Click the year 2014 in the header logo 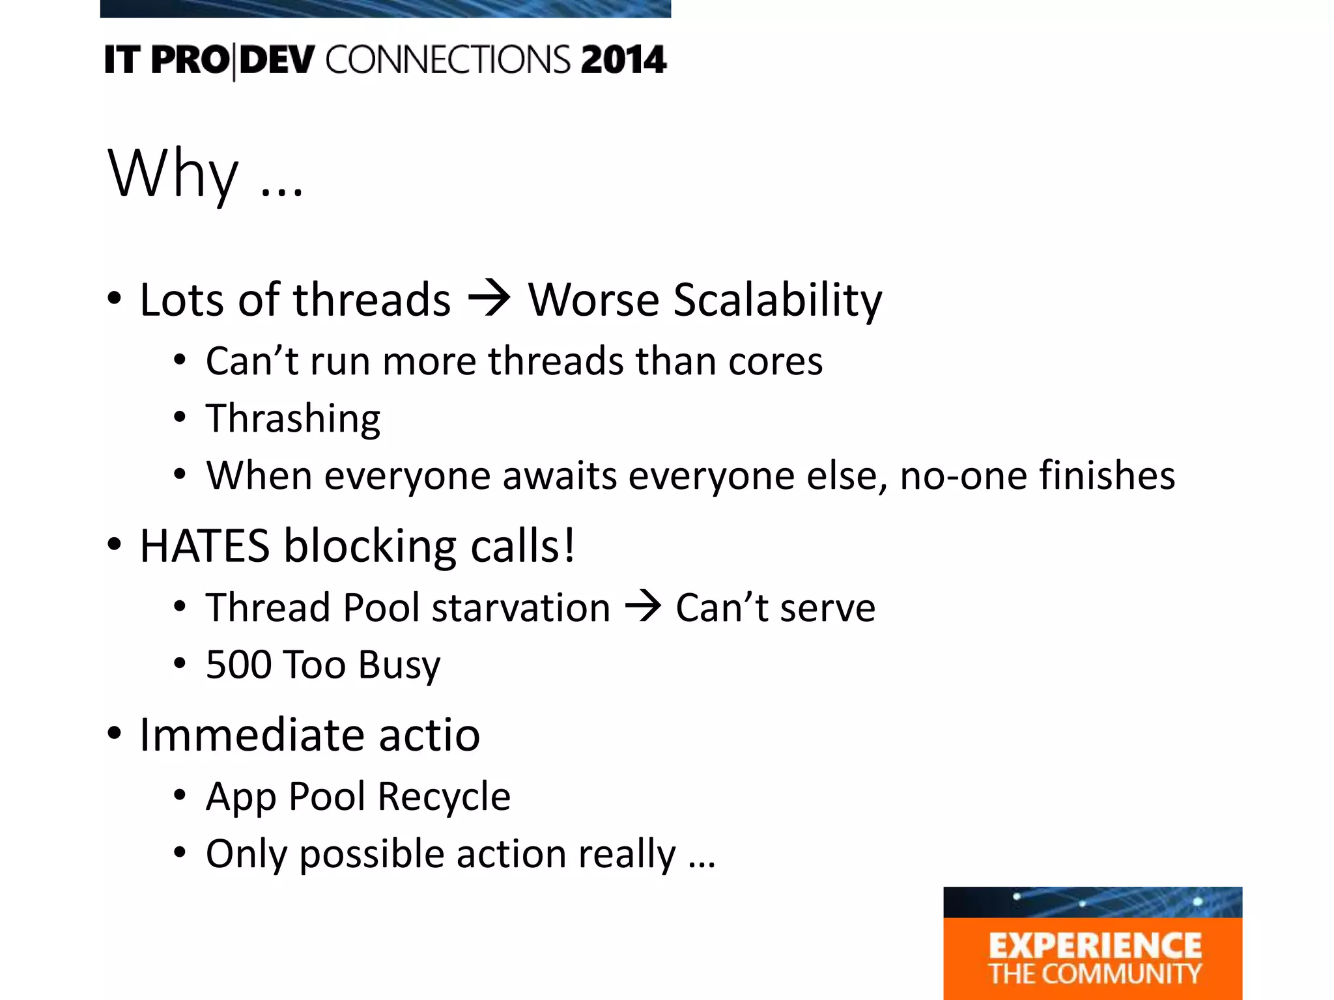623,60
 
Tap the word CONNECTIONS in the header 448,60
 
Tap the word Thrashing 293,419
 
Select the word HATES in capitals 205,546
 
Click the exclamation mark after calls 569,546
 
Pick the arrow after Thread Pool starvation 643,607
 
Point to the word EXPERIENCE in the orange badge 1095,946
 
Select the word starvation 520,607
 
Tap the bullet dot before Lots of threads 115,299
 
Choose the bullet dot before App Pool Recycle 180,796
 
